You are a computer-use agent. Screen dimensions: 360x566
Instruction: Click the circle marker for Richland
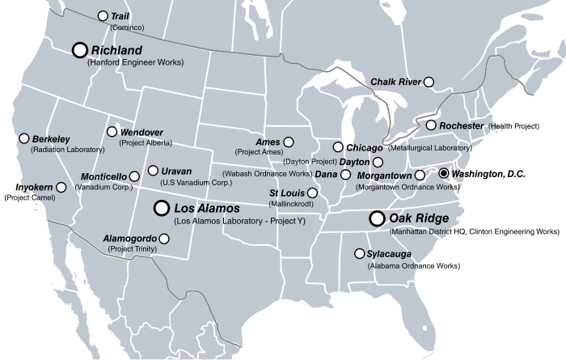point(79,50)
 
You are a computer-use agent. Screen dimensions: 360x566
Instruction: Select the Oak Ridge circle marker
point(376,218)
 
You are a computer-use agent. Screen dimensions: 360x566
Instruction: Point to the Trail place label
point(121,16)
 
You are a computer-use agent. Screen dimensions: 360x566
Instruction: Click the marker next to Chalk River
point(429,82)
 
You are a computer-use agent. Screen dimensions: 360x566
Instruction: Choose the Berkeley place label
point(53,139)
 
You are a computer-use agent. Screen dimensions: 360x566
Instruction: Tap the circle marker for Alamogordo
point(165,238)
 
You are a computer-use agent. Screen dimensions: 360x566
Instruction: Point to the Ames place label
point(268,142)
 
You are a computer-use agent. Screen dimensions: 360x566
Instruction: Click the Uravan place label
point(176,171)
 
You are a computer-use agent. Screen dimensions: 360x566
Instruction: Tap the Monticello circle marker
point(134,176)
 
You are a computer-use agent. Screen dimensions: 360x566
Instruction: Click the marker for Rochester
point(432,125)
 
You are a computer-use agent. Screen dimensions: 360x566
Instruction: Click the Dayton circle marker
point(377,163)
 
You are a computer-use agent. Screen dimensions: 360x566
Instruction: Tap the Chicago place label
point(364,148)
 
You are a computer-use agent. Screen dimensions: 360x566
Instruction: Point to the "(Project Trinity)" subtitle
point(134,249)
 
